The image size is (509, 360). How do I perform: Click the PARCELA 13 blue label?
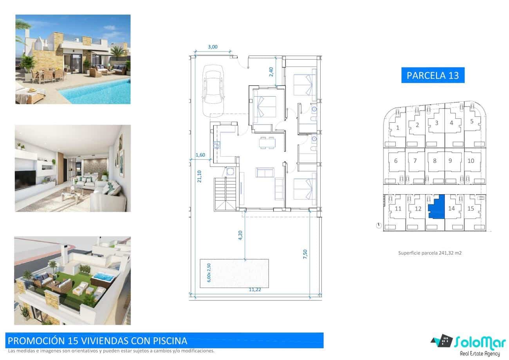[x=433, y=75]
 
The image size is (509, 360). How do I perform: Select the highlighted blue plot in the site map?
[x=437, y=207]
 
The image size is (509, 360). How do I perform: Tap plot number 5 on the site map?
[x=472, y=121]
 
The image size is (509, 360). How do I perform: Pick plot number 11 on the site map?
[x=398, y=208]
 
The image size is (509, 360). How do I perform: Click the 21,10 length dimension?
[x=200, y=177]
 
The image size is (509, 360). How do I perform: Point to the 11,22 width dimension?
[x=255, y=290]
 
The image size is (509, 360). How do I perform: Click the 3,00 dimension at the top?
[x=212, y=47]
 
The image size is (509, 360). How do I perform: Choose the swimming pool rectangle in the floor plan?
[x=234, y=273]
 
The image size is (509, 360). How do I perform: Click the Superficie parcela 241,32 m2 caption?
[x=430, y=253]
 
